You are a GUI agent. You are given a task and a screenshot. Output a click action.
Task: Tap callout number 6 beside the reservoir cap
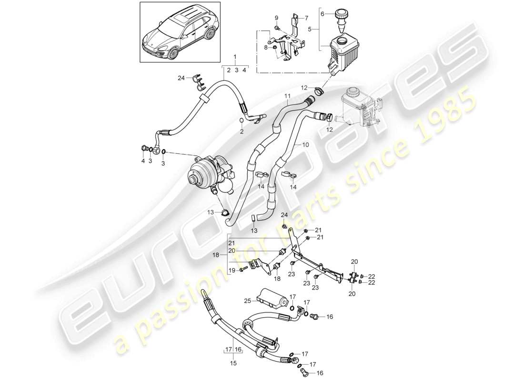pos(322,14)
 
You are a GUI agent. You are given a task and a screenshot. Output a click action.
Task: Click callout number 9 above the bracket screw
pos(276,18)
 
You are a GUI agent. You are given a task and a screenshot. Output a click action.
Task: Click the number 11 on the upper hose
pos(287,96)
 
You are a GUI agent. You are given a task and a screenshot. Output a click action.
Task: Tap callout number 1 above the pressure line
pos(235,57)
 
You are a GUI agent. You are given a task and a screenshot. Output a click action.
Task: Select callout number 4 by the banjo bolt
pos(142,161)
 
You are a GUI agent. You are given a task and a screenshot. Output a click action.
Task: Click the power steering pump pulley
pos(195,180)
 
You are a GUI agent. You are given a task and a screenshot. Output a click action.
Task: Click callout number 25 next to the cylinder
pos(247,301)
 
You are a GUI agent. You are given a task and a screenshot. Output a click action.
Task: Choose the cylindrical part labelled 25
pos(272,298)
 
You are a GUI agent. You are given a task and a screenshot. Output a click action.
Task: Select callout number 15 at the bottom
pos(234,363)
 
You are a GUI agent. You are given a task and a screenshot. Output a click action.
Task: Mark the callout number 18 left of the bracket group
pos(222,255)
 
